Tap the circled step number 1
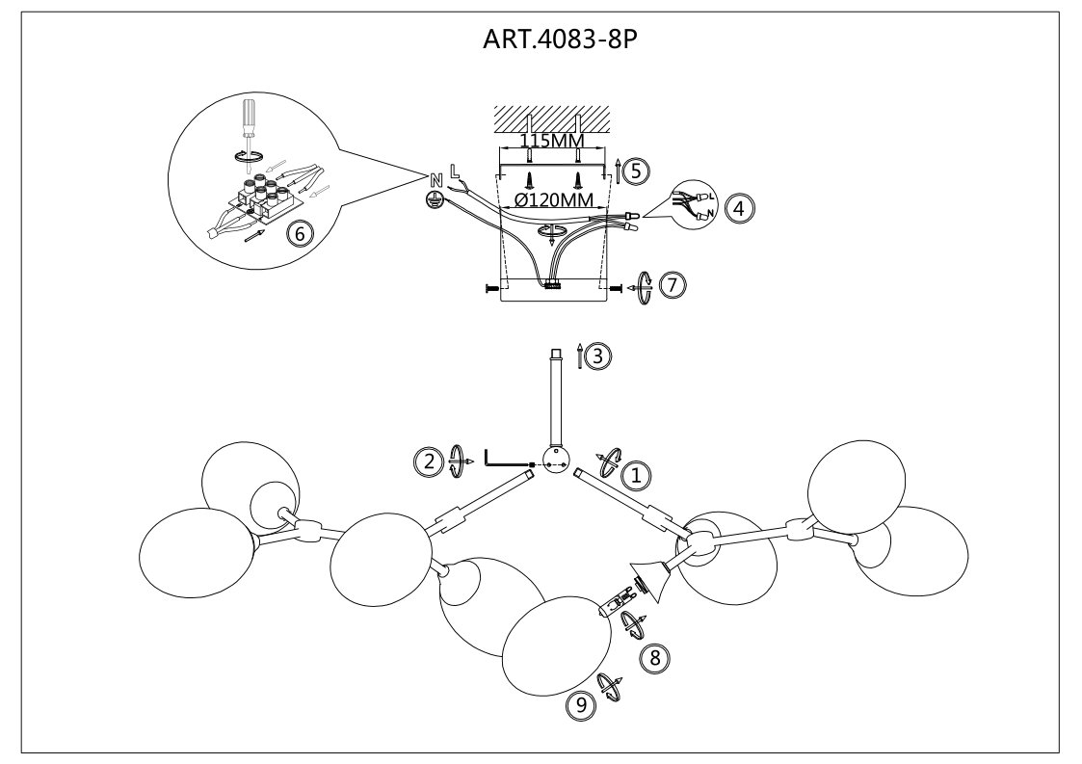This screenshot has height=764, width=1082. pyautogui.click(x=634, y=474)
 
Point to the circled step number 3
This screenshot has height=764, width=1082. pyautogui.click(x=597, y=356)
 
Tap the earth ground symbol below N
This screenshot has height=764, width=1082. pyautogui.click(x=435, y=198)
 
